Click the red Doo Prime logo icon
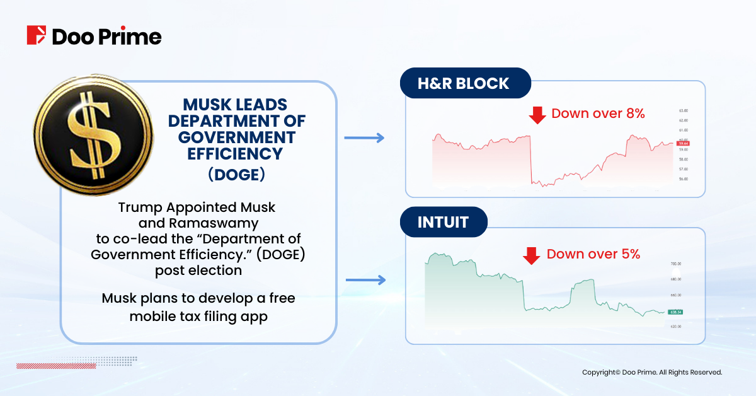point(37,35)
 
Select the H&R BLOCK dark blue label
point(465,83)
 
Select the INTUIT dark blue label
point(444,223)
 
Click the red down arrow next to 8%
point(537,114)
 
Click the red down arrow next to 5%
point(532,255)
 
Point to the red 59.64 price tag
point(683,143)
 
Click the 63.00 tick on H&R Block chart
point(684,109)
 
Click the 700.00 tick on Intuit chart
point(676,264)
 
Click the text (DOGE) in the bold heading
point(236,175)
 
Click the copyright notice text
point(651,373)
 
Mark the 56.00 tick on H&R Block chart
point(684,179)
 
